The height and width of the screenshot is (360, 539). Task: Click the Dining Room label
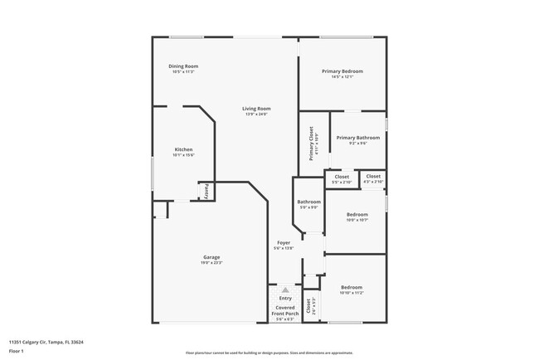pyautogui.click(x=184, y=66)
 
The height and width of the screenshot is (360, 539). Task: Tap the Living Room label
pyautogui.click(x=256, y=109)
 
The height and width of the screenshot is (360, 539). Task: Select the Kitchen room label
pyautogui.click(x=183, y=149)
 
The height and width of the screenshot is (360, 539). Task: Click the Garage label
pyautogui.click(x=211, y=257)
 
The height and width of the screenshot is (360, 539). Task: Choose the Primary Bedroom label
pyautogui.click(x=342, y=71)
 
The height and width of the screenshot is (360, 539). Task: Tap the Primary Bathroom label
pyautogui.click(x=357, y=137)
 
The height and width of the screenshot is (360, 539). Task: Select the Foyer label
pyautogui.click(x=284, y=242)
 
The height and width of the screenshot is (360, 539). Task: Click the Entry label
pyautogui.click(x=285, y=298)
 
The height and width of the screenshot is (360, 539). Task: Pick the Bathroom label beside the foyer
pyautogui.click(x=308, y=202)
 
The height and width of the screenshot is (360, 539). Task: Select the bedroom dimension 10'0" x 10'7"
pyautogui.click(x=357, y=220)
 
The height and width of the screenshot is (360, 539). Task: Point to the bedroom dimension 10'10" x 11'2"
pyautogui.click(x=352, y=293)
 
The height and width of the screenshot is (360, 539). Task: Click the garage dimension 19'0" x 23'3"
pyautogui.click(x=211, y=263)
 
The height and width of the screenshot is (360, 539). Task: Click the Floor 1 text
pyautogui.click(x=17, y=351)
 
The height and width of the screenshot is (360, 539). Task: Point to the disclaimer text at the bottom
pyautogui.click(x=269, y=352)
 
